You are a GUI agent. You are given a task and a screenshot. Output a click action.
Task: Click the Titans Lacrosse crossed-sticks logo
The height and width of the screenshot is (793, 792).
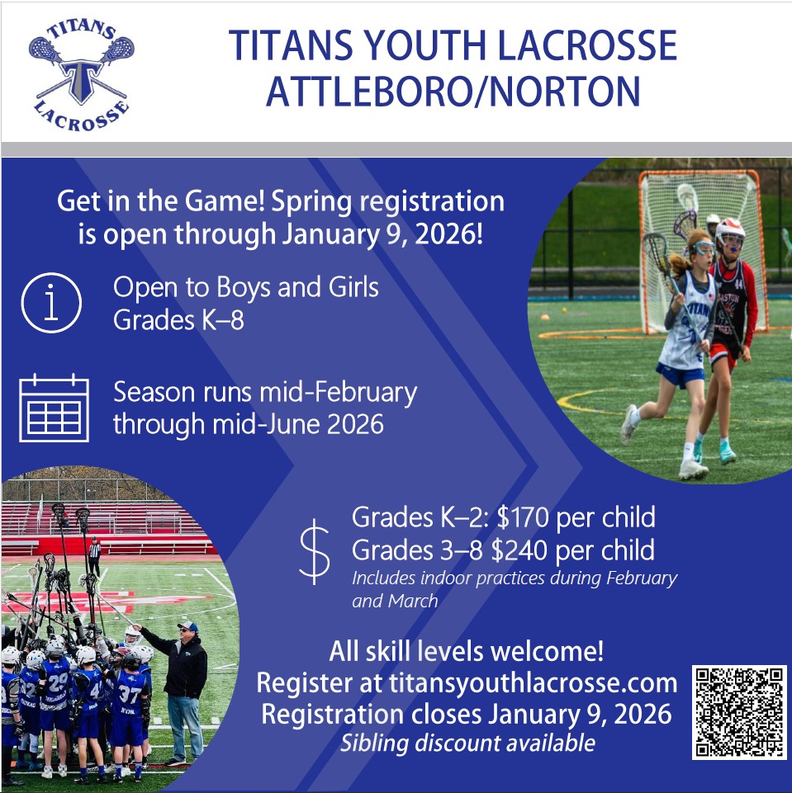click(81, 75)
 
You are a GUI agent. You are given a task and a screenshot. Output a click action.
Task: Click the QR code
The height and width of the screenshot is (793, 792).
click(738, 712)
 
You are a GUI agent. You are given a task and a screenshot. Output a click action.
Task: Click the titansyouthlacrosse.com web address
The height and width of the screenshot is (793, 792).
click(528, 682)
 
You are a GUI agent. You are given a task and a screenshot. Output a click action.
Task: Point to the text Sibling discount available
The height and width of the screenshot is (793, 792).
click(468, 743)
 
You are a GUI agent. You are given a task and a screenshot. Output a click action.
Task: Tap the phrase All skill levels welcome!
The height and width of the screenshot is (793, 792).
click(466, 651)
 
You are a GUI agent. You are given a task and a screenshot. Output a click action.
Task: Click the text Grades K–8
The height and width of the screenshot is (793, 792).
click(178, 319)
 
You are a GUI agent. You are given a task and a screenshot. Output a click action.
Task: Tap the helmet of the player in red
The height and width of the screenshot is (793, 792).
click(730, 234)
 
